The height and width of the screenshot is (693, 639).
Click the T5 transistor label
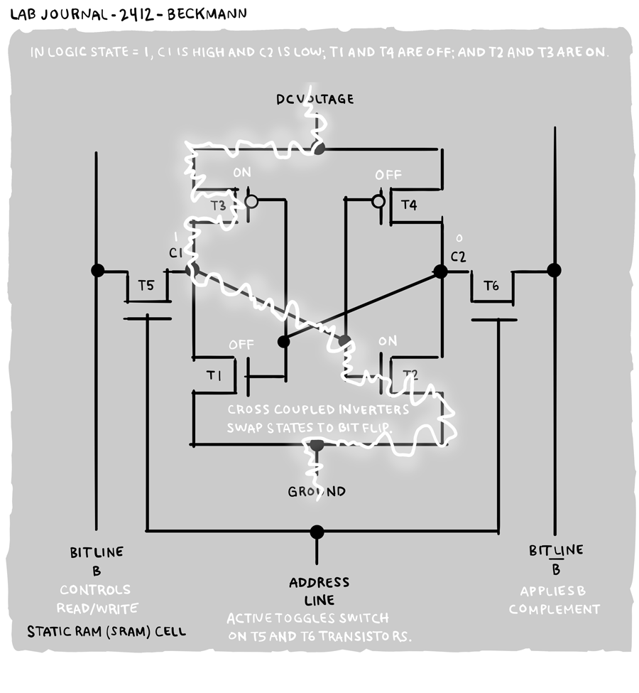(146, 286)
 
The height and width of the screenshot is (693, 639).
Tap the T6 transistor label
(491, 286)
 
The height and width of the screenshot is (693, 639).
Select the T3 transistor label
(219, 205)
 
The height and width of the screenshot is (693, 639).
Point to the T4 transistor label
(409, 205)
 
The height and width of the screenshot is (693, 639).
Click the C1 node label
(175, 253)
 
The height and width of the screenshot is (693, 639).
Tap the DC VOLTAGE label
(315, 99)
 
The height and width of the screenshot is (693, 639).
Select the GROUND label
(317, 492)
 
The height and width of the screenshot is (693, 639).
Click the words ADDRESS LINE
(319, 591)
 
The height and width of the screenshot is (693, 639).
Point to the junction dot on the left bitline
(97, 270)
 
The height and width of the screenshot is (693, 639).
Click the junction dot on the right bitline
(554, 270)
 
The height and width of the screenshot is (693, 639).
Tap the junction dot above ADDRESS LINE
(317, 532)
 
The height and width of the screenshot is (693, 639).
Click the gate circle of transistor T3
(251, 202)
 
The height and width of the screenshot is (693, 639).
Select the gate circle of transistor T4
(379, 202)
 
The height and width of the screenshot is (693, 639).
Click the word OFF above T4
(388, 175)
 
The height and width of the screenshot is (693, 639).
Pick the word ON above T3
(242, 173)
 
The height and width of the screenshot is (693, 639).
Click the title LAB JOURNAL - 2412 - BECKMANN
(129, 14)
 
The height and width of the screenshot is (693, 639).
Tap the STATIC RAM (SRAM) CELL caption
(106, 631)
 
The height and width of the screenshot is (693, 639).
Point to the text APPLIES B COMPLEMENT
(554, 600)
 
